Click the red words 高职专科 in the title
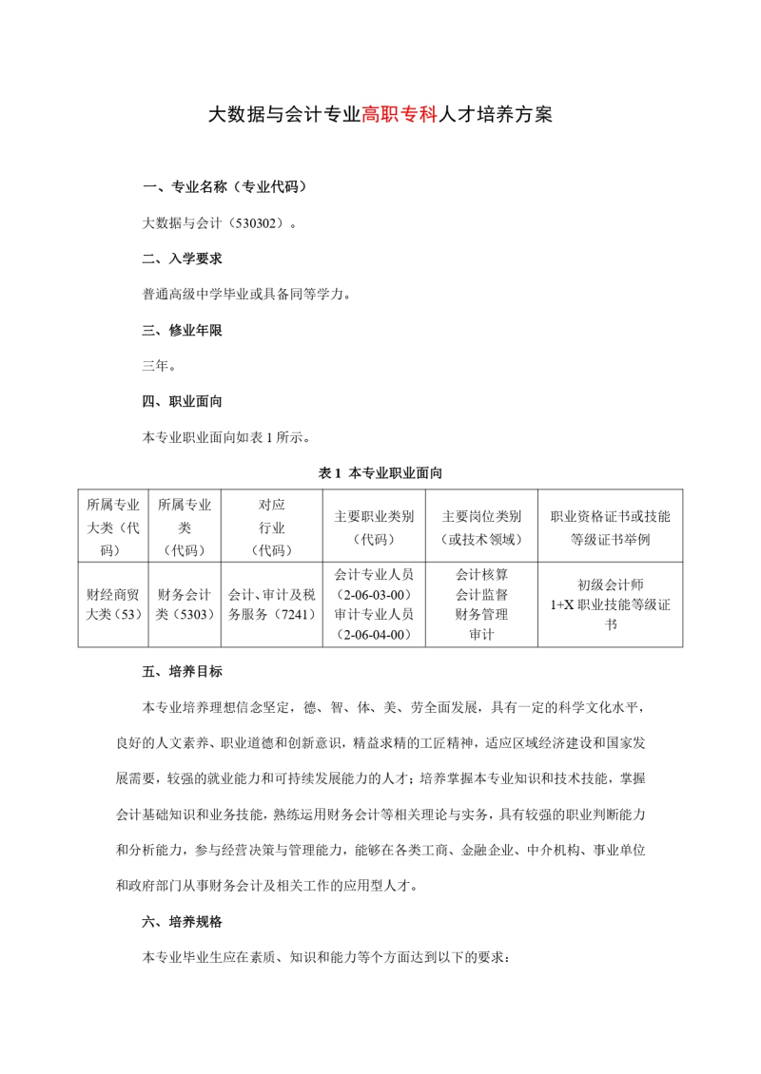(x=399, y=116)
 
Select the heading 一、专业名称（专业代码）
(x=224, y=186)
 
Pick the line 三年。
(x=159, y=365)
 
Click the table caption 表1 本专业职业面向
(x=380, y=472)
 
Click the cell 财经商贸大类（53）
(x=113, y=604)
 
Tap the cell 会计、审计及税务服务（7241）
(x=271, y=604)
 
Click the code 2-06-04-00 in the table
(x=374, y=634)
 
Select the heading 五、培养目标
(x=183, y=672)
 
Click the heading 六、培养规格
(x=183, y=922)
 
